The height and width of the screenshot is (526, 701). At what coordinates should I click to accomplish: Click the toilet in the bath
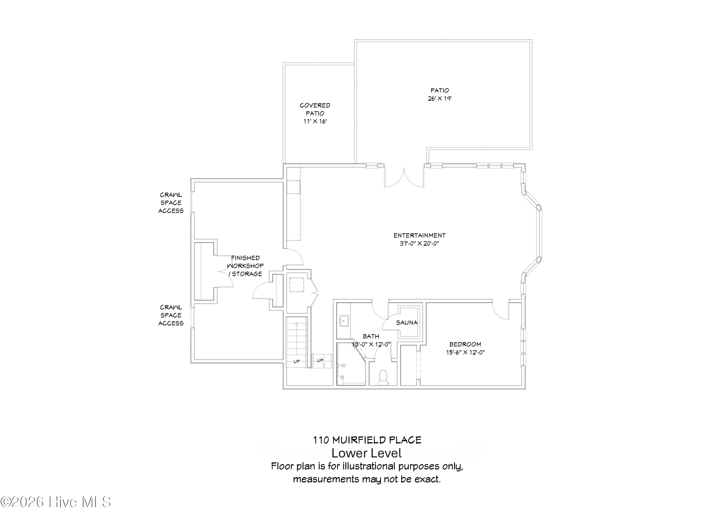coord(383,377)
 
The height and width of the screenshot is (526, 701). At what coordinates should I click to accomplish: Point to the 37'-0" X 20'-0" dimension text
coord(419,244)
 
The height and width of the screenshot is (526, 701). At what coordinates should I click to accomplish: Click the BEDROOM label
coord(465,344)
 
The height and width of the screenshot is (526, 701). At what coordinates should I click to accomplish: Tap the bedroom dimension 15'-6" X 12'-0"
coord(465,352)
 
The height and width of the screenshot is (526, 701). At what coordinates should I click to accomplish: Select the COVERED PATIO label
coord(315,109)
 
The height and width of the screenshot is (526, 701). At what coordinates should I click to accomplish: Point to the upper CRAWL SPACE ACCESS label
coord(171,203)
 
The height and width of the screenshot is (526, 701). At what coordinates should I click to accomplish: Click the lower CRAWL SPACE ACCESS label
coord(171,315)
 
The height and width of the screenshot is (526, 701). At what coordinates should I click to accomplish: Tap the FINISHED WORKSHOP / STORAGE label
coord(245,266)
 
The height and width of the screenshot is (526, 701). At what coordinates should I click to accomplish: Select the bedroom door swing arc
coord(500,312)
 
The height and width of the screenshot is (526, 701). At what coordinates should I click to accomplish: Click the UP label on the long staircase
coord(297,361)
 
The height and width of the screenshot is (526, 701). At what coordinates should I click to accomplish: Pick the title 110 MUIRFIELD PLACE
coord(367,440)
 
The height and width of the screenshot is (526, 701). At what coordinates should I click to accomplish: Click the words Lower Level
coord(366,453)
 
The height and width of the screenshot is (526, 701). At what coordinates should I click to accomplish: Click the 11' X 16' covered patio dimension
coord(315,121)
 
